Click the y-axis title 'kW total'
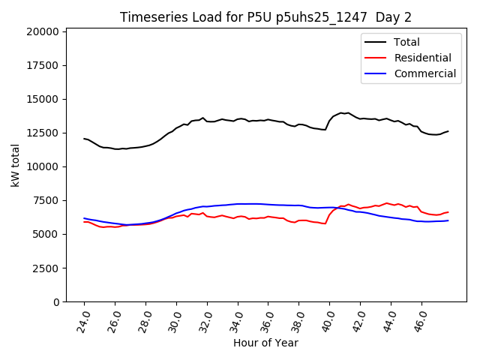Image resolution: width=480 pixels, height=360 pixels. coord(16,166)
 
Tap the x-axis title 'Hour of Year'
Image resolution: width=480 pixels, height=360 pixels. coord(265,343)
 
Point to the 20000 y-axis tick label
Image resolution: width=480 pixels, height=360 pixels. coord(43,31)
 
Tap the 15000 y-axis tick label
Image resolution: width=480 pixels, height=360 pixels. coord(43,99)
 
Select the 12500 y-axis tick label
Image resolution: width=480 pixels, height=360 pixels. coord(43,133)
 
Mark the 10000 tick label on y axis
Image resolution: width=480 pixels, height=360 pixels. coord(43,166)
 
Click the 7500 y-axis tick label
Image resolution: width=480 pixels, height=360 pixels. coord(46,200)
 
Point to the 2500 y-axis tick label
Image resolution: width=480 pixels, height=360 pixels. coord(46,268)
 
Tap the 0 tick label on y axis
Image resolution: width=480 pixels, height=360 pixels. coord(56,301)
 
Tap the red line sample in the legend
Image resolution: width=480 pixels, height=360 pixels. coord(377,58)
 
